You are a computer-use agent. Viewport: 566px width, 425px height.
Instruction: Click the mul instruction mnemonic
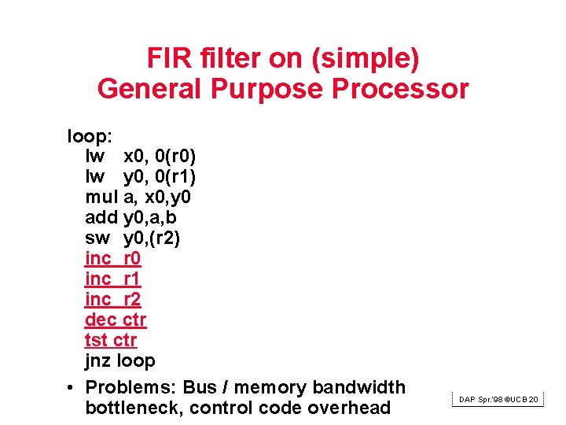click(x=101, y=197)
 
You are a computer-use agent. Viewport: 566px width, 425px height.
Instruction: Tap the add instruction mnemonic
click(x=101, y=217)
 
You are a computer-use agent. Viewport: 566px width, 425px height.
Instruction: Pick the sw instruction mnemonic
click(x=97, y=238)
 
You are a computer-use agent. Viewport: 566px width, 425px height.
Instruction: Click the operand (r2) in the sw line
click(x=166, y=238)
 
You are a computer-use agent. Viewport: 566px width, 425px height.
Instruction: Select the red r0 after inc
click(x=132, y=258)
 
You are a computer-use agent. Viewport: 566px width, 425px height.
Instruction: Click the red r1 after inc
click(x=132, y=279)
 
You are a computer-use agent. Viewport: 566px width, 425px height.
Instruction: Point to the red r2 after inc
click(x=132, y=299)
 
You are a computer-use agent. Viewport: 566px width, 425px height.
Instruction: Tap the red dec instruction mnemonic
click(x=101, y=320)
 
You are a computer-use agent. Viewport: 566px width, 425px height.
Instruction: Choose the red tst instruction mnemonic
click(x=97, y=340)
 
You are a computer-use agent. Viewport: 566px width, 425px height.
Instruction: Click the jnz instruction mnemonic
click(x=98, y=360)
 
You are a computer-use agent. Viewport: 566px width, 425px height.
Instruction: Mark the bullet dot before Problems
click(x=71, y=387)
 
